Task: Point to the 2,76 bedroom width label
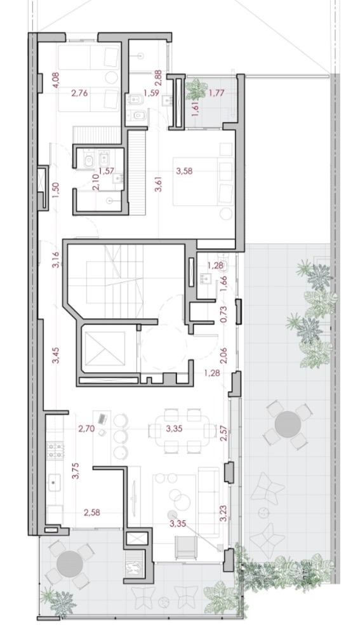pos(79,93)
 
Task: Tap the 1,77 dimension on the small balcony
pos(217,93)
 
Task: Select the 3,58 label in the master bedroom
pos(184,171)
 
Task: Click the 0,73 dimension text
pos(223,314)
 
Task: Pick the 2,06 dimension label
pos(223,355)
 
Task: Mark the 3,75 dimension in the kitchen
pos(75,471)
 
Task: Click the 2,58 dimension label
pos(92,513)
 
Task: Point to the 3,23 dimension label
pos(223,513)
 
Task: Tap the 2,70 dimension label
pos(86,428)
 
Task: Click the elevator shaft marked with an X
pos(105,349)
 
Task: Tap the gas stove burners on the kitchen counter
pos(55,450)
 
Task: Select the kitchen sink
pos(55,483)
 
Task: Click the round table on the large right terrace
pos(288,424)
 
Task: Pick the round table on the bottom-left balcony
pos(70,563)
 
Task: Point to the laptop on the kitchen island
pos(102,418)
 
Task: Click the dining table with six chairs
pos(182,431)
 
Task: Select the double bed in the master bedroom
pos(203,181)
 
